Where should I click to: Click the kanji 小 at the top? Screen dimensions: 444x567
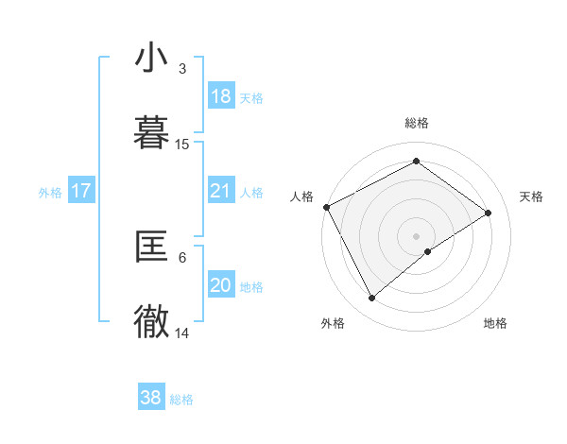(151, 59)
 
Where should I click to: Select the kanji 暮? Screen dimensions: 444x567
(151, 133)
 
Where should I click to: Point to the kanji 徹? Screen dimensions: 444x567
(151, 322)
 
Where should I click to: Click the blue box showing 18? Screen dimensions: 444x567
(220, 96)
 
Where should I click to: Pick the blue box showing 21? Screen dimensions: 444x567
(220, 191)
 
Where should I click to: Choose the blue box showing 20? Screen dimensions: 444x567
(220, 285)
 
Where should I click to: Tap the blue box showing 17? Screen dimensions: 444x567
(81, 191)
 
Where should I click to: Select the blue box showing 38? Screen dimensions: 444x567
(151, 398)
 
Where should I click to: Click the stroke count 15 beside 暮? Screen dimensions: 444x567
(182, 145)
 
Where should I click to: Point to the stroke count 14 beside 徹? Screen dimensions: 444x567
(182, 333)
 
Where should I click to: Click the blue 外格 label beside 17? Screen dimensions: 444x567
(50, 192)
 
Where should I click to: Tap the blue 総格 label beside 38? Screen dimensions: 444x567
(181, 400)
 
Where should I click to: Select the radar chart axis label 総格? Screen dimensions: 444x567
(416, 123)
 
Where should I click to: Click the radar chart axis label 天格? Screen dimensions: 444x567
(531, 196)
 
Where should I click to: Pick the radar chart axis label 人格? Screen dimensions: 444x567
(301, 196)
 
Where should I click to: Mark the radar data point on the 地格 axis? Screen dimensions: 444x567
(428, 251)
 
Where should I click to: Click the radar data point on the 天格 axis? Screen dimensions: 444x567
(489, 213)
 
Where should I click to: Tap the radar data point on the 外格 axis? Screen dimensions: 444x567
(371, 299)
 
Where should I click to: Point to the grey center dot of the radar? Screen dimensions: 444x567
(416, 235)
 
